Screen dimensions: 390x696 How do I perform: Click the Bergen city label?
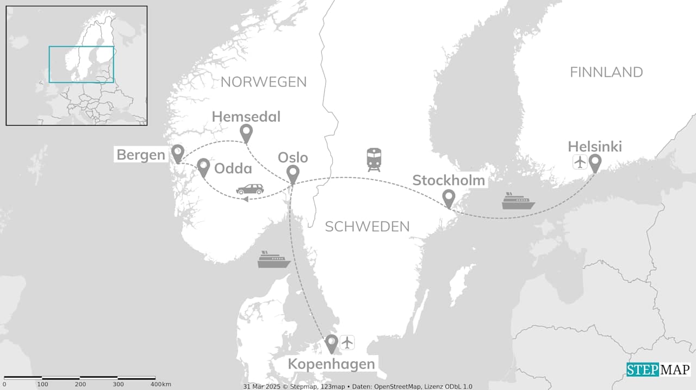[x=141, y=155]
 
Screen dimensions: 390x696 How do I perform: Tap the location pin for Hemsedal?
[x=246, y=132]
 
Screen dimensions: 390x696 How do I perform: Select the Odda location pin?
[x=203, y=167]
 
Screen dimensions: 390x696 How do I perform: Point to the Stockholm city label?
[x=449, y=180]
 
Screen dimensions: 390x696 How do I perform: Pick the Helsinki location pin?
[x=595, y=162]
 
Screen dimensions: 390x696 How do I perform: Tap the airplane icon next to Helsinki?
[x=580, y=162]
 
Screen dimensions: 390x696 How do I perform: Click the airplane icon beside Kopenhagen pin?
[x=347, y=342]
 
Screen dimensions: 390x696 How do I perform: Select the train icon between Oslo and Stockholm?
[x=374, y=159]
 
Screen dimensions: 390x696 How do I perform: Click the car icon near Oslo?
[x=250, y=189]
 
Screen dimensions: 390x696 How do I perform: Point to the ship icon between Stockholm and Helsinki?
[x=518, y=201]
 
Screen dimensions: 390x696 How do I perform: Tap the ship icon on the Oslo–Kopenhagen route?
[x=274, y=259]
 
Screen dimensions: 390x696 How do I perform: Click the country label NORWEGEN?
[x=264, y=82]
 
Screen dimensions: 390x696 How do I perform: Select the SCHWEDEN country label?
[x=367, y=227]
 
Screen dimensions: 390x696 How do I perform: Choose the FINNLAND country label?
[x=606, y=72]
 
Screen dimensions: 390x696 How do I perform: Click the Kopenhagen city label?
[x=331, y=364]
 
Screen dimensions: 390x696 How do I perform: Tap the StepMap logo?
[x=658, y=370]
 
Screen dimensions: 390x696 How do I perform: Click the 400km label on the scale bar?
[x=159, y=385]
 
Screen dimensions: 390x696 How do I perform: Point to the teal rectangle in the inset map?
[x=81, y=64]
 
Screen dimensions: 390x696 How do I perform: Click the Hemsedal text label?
[x=246, y=116]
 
